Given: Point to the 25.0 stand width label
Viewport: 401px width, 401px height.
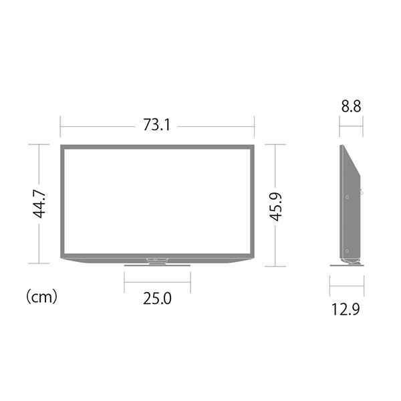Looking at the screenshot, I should coord(157,298).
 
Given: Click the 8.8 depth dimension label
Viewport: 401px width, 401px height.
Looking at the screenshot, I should coord(352,105).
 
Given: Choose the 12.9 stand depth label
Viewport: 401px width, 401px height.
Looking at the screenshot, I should coord(348,308).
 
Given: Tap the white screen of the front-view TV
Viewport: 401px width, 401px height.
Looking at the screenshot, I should coord(157,200).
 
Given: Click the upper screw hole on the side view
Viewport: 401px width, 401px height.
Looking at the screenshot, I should coord(348,196).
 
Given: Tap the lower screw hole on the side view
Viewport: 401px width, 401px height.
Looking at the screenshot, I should coord(348,251).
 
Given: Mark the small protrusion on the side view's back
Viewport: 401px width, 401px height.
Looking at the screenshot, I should coord(362,192).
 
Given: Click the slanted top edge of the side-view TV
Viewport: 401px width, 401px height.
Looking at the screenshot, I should coord(352,160).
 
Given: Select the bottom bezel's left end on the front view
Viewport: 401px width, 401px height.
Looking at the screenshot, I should coord(67,258).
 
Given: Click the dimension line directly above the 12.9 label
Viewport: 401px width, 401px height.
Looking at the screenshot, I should coord(348,288).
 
